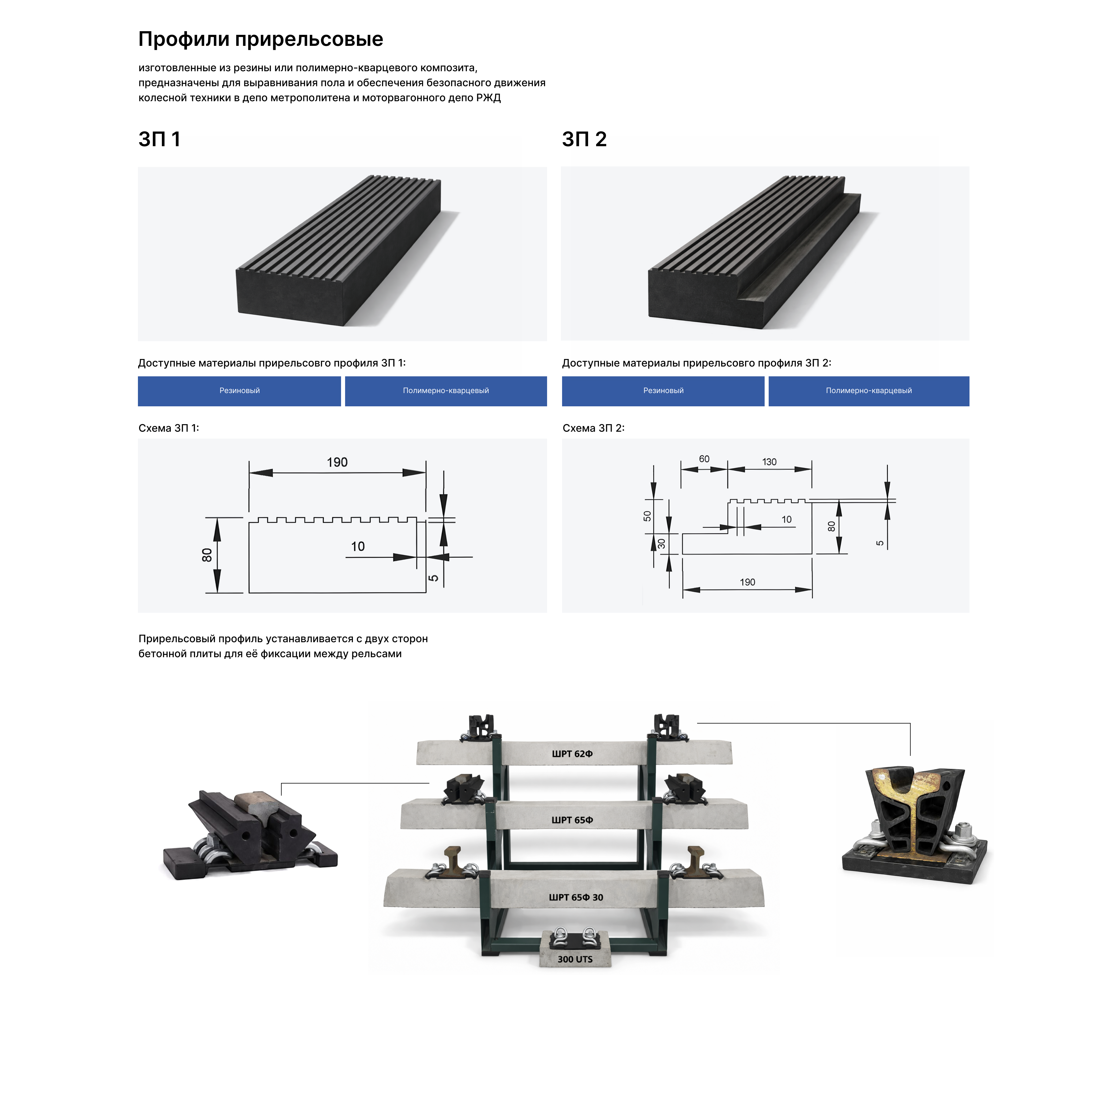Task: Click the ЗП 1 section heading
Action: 160,139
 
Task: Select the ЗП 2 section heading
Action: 584,139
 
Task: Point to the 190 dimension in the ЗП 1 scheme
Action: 337,463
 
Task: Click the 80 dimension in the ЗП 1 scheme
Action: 207,555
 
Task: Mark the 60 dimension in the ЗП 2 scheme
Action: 704,459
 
